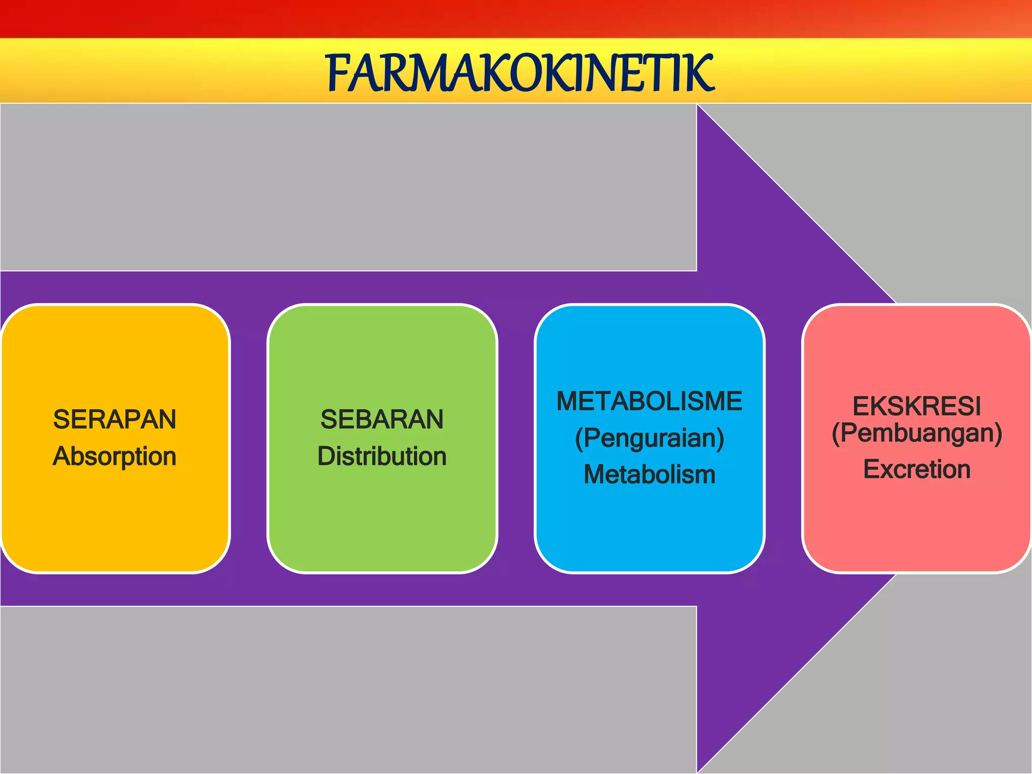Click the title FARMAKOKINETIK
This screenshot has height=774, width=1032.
[x=521, y=74]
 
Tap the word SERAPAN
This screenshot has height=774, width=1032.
[x=115, y=419]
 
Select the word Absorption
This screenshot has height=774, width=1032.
[x=115, y=457]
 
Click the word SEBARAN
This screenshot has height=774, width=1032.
[x=382, y=419]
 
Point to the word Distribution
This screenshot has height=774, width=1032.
[x=382, y=457]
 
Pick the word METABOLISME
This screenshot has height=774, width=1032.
[x=649, y=401]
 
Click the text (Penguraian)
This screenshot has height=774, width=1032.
[x=649, y=438]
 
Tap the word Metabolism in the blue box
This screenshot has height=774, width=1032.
[x=649, y=475]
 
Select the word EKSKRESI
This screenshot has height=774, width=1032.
[x=917, y=406]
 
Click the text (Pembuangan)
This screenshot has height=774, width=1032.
[x=917, y=433]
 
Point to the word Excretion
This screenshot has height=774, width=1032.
[x=917, y=470]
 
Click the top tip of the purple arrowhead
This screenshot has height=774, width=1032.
[x=698, y=106]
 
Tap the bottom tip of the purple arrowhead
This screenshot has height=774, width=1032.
[x=698, y=771]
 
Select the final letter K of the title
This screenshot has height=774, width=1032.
[x=701, y=74]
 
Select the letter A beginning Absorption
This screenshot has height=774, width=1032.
[x=61, y=456]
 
